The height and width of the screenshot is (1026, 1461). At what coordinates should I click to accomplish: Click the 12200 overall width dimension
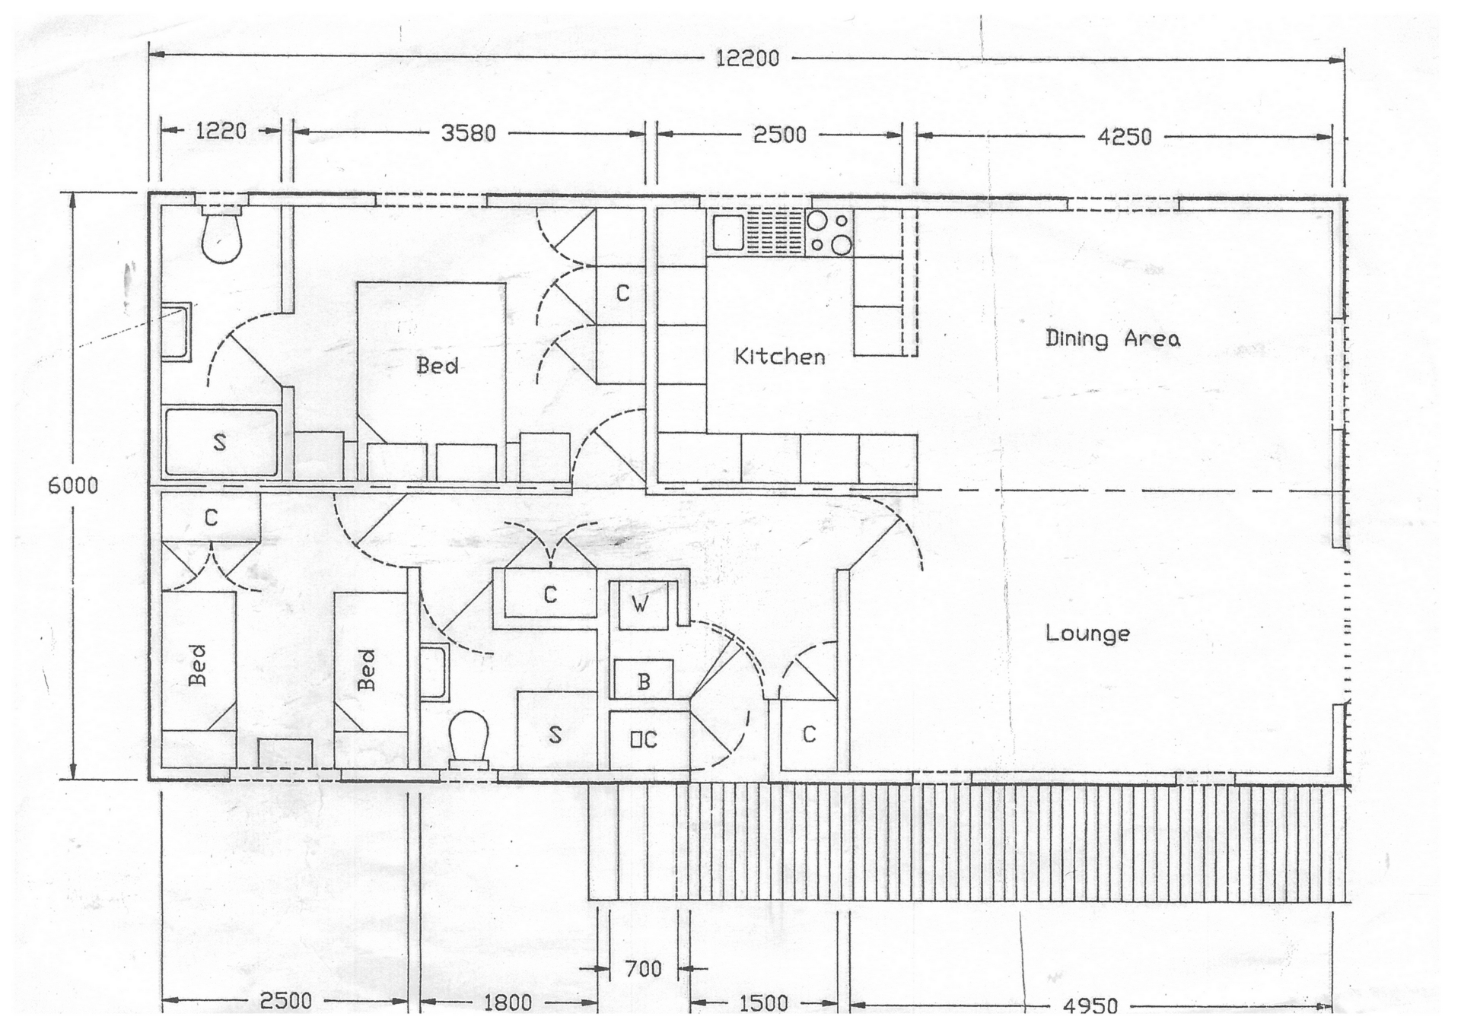click(747, 59)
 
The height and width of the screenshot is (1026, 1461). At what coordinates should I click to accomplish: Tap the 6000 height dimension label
click(73, 485)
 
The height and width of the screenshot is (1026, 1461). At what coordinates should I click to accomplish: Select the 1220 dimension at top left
click(221, 131)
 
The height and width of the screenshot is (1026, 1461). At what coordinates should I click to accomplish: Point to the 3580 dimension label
click(469, 133)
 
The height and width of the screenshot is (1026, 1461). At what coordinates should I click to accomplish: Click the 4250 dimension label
click(1124, 137)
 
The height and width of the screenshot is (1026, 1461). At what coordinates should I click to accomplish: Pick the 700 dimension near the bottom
click(643, 969)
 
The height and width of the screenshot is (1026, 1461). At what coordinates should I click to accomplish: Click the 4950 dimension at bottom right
click(1090, 1005)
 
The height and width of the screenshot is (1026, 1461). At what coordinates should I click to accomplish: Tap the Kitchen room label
click(779, 356)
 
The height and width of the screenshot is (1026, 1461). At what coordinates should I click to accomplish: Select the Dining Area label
click(1112, 338)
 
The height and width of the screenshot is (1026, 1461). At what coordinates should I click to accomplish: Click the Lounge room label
click(1087, 633)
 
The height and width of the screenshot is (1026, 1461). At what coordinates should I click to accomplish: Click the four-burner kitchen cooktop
click(829, 232)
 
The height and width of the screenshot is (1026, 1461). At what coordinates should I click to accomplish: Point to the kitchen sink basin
click(728, 232)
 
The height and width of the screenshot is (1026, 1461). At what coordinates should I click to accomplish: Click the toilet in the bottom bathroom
click(468, 735)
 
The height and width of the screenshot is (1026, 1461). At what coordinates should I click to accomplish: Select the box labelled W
click(641, 605)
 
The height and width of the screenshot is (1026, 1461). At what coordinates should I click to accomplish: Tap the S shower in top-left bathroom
click(221, 443)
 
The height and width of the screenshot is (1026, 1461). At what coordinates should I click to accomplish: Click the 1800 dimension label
click(508, 1002)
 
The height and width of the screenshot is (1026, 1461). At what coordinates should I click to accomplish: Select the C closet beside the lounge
click(809, 735)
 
